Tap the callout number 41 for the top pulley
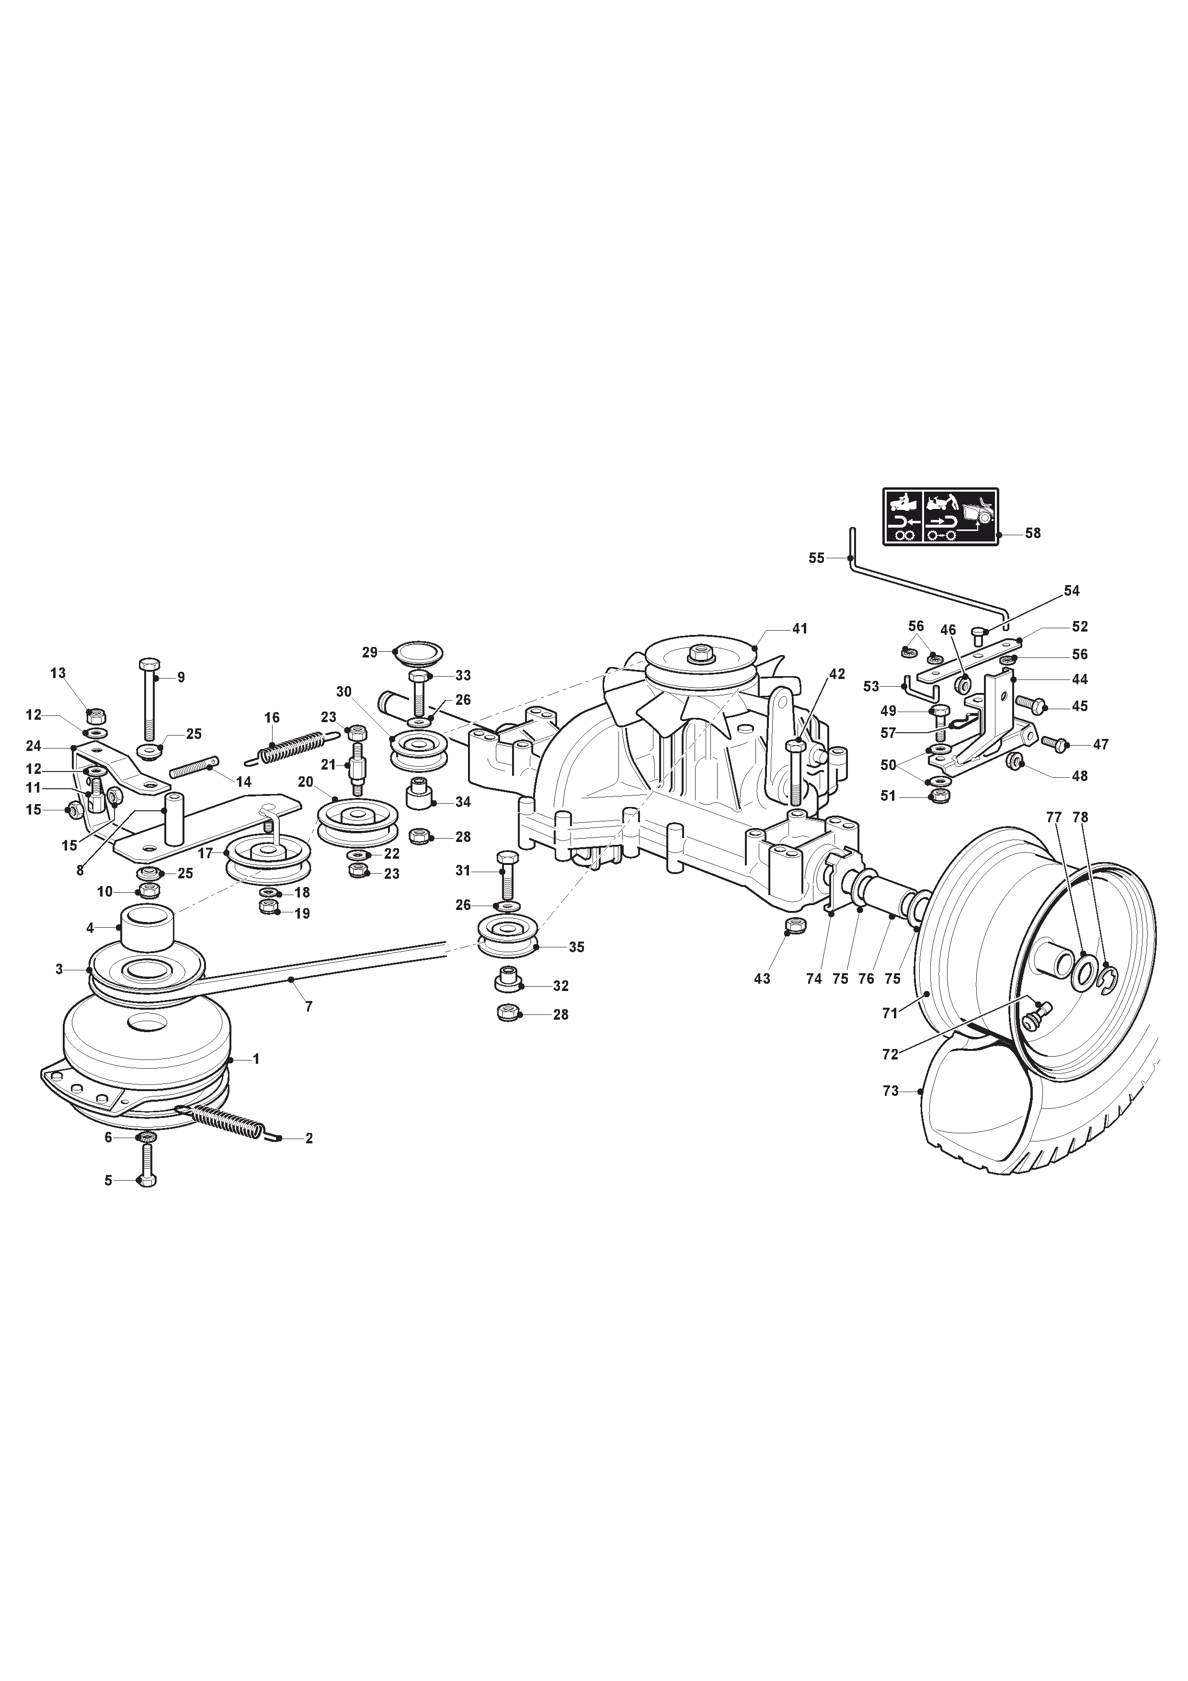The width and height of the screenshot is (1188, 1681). click(800, 629)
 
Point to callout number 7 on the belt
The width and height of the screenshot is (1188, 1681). click(308, 1007)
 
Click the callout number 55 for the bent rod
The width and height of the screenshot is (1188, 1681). click(816, 558)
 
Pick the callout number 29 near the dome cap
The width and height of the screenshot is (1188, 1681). click(370, 652)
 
